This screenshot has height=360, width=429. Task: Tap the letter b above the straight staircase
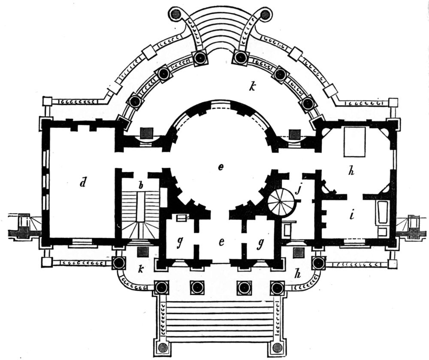tap(141, 186)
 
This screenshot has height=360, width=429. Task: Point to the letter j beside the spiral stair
tap(298, 189)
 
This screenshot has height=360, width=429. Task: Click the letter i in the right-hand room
tap(352, 215)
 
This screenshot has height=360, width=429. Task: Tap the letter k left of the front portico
tap(141, 269)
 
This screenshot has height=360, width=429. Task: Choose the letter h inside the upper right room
tap(352, 171)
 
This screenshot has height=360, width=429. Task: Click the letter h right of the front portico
tap(298, 273)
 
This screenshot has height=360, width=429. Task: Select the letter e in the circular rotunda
tap(221, 167)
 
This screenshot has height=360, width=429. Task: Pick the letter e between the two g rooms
tap(221, 242)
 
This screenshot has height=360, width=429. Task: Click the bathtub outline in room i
tap(383, 212)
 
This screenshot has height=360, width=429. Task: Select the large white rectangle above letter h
tap(355, 142)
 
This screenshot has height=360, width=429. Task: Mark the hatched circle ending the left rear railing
tap(177, 14)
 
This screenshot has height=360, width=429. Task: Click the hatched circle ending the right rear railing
tap(265, 14)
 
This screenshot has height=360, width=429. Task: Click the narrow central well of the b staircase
tap(141, 206)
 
